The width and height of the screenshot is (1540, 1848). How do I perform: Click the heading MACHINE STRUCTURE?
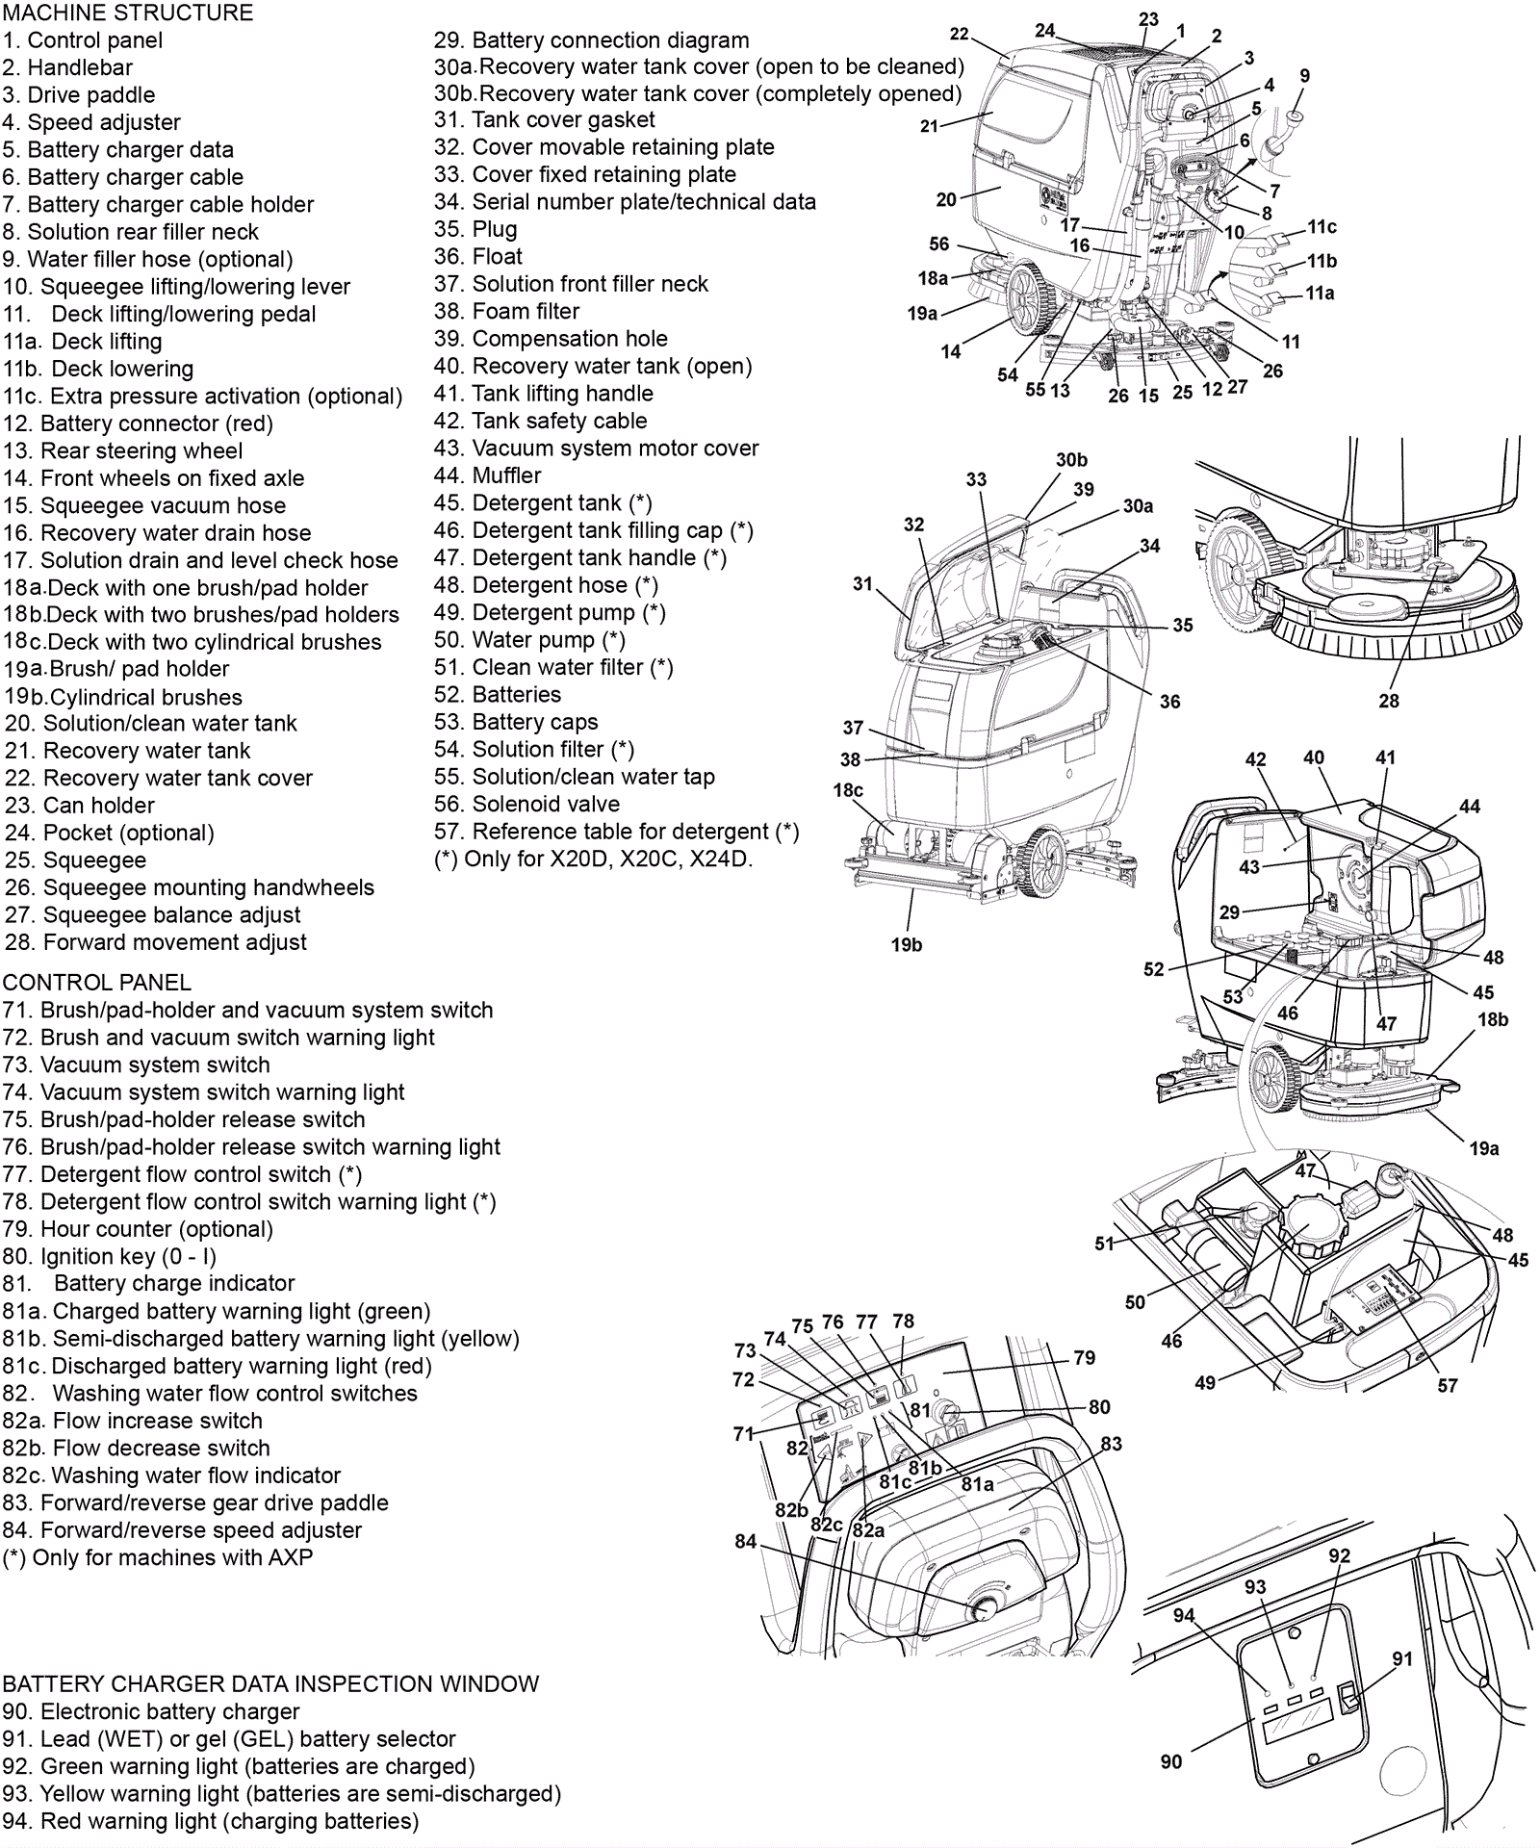(x=128, y=13)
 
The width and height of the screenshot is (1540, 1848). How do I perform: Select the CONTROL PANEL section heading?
(x=97, y=983)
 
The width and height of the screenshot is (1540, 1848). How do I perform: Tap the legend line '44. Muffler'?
(x=487, y=475)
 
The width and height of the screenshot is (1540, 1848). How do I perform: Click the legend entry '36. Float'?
(x=477, y=257)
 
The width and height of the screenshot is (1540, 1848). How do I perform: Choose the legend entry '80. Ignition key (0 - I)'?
(x=110, y=1257)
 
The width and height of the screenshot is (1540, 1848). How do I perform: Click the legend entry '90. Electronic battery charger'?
(x=151, y=1712)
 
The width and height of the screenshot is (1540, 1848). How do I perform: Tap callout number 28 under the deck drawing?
(x=1388, y=701)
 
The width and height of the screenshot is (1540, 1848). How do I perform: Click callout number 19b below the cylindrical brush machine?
(x=906, y=944)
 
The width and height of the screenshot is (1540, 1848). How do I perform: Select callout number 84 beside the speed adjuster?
(x=746, y=1541)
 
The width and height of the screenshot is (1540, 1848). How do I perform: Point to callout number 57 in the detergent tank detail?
(x=1447, y=1385)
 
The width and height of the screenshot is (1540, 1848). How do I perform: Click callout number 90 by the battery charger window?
(x=1170, y=1761)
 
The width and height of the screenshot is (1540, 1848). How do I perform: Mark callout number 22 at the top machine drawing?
(x=959, y=34)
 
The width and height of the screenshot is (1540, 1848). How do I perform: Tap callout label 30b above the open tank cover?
(x=1071, y=460)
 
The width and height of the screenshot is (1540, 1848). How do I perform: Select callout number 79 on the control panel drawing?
(x=1085, y=1357)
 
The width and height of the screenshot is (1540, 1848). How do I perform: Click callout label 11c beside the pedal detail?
(x=1322, y=227)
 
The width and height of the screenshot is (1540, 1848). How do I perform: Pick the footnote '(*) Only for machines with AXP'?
(x=158, y=1558)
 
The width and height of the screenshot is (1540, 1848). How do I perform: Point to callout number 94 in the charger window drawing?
(x=1184, y=1615)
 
